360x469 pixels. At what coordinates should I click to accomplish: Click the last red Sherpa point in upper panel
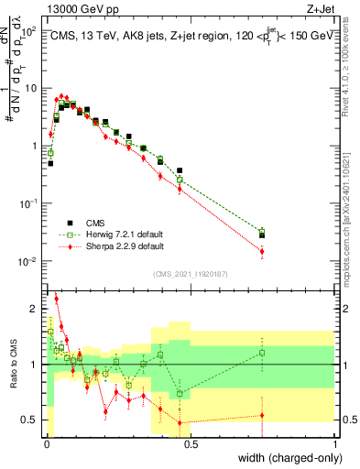(x=262, y=251)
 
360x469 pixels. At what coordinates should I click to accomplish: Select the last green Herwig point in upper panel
(x=262, y=231)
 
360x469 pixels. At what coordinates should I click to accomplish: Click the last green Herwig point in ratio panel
(x=262, y=353)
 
